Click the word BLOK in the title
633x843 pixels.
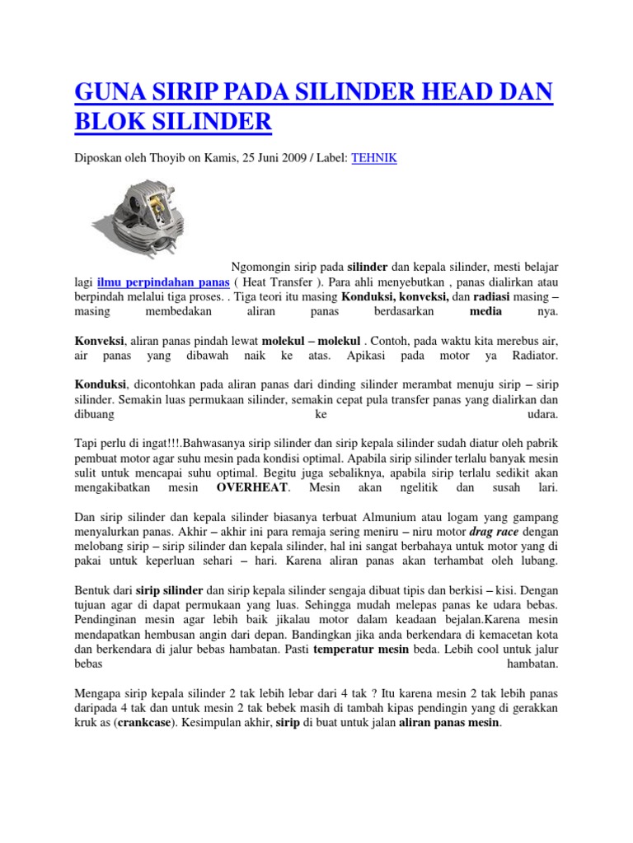pyautogui.click(x=110, y=123)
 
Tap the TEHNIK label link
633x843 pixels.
pyautogui.click(x=374, y=158)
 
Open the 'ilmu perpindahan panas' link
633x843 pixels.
pyautogui.click(x=162, y=281)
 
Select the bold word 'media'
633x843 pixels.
pyautogui.click(x=485, y=312)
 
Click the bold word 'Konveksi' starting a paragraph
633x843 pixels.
pyautogui.click(x=100, y=340)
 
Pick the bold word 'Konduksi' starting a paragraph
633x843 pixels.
pyautogui.click(x=100, y=384)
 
